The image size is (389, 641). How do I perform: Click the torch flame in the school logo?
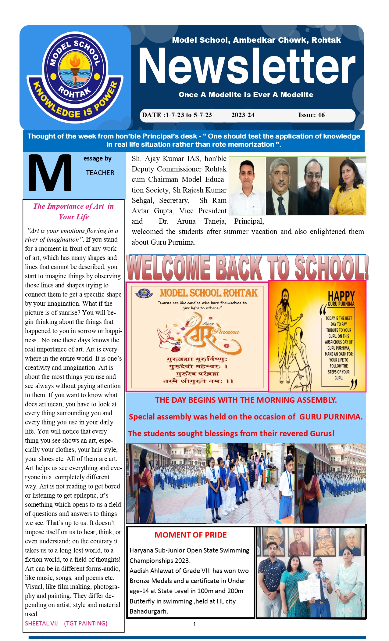[x=75, y=60]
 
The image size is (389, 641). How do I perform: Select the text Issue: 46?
[x=311, y=115]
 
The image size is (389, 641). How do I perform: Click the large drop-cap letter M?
[x=50, y=173]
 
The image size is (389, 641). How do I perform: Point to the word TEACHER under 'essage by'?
[x=100, y=173]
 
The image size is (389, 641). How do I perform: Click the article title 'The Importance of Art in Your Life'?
[x=73, y=211]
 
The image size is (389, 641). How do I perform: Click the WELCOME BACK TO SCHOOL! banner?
[x=247, y=268]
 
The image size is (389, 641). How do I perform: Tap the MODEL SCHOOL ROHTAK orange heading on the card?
[x=209, y=293]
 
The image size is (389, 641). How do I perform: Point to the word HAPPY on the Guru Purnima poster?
[x=341, y=296]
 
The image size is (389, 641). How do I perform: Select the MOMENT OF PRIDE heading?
[x=191, y=535]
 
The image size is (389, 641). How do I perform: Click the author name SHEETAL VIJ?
[x=41, y=623]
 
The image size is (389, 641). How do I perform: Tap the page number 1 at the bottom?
[x=194, y=624]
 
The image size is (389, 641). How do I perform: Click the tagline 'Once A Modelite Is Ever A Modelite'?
[x=246, y=95]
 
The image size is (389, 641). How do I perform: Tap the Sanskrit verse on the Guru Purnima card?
[x=198, y=370]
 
